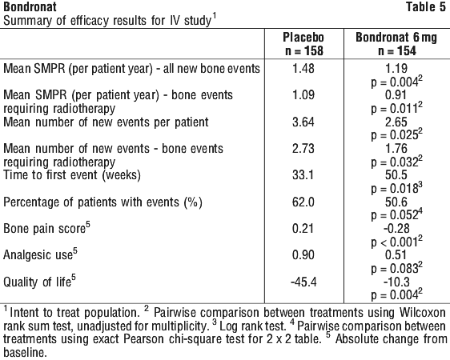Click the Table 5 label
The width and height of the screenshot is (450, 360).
pyautogui.click(x=426, y=7)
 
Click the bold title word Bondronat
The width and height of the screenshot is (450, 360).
pyautogui.click(x=30, y=7)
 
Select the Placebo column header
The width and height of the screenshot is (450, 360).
pyautogui.click(x=303, y=38)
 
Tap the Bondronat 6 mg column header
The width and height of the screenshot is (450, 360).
pyautogui.click(x=396, y=38)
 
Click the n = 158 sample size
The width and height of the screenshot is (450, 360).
pyautogui.click(x=304, y=51)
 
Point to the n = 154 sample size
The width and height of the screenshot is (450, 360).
pyautogui.click(x=397, y=51)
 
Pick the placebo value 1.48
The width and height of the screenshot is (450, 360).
pyautogui.click(x=303, y=69)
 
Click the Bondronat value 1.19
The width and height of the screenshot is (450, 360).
pyautogui.click(x=396, y=69)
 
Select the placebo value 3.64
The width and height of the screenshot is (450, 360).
pyautogui.click(x=303, y=122)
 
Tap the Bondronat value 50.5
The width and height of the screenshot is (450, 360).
pyautogui.click(x=396, y=175)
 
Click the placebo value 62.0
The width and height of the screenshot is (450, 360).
pyautogui.click(x=303, y=202)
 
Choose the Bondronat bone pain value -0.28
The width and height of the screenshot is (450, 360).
pyautogui.click(x=396, y=229)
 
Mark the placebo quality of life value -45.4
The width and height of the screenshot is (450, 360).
pyautogui.click(x=303, y=282)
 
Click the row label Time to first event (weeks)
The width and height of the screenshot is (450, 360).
pyautogui.click(x=72, y=175)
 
